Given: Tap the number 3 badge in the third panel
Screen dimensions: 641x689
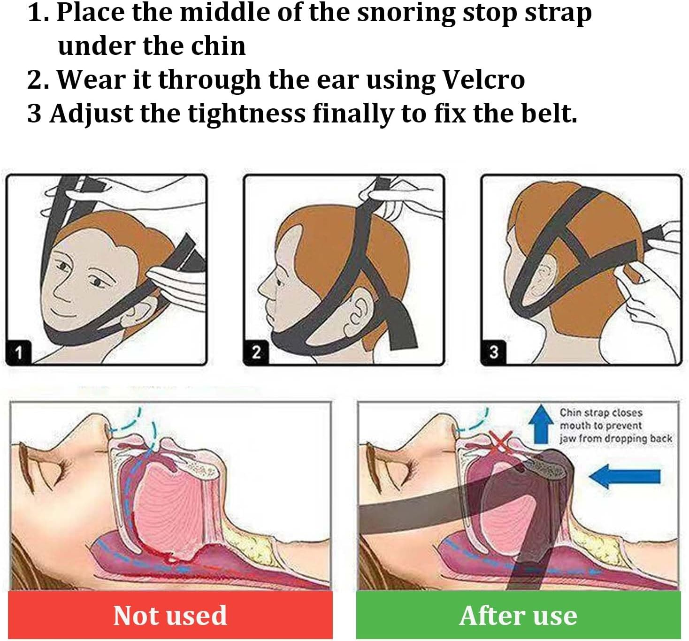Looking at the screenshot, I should [493, 352].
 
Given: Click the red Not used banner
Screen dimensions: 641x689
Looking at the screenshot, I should [170, 615].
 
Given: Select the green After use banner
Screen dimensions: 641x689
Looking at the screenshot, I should [518, 615].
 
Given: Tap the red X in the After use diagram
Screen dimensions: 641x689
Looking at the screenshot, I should [501, 442].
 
